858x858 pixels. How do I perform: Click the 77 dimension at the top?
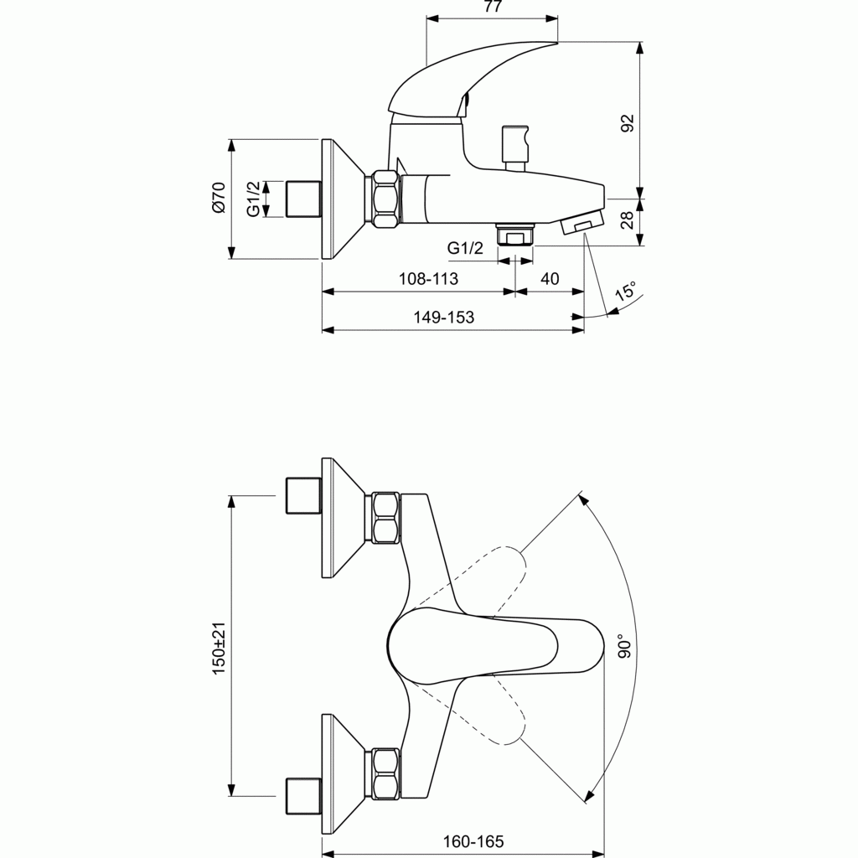493,7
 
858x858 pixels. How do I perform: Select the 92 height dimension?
628,122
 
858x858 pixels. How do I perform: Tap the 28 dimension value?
628,220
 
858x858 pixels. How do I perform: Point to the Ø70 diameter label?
218,198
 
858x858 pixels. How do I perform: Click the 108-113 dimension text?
428,279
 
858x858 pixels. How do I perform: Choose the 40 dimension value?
550,279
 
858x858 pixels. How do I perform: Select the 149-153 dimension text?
444,318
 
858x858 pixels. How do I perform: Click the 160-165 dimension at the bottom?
473,841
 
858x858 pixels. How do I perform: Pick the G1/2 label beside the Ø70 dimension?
253,199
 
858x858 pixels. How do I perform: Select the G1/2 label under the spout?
465,248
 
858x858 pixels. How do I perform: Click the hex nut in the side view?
385,199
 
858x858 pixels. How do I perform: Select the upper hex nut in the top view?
385,519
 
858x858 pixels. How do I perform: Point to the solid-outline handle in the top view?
495,646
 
